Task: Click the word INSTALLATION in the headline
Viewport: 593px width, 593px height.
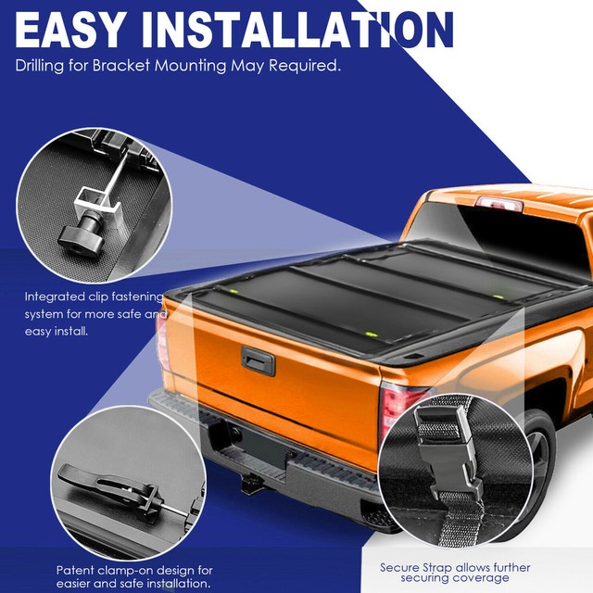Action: tap(296, 30)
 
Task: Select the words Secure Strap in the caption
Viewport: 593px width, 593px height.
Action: tap(414, 566)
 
